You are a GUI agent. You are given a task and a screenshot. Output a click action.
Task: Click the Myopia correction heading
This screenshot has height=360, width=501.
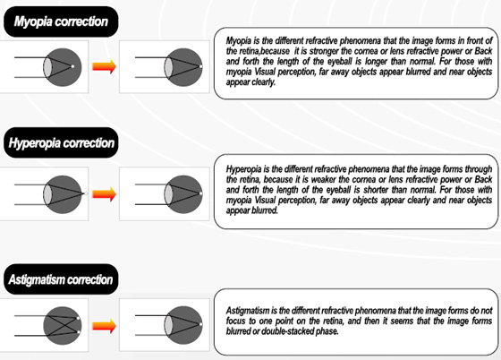pos(61,21)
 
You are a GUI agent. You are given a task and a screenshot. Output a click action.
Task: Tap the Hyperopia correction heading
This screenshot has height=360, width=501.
pos(62,143)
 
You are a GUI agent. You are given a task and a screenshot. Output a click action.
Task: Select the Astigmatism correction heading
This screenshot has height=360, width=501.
pos(61,279)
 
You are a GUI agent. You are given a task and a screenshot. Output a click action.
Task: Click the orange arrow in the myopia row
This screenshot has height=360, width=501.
pos(104,66)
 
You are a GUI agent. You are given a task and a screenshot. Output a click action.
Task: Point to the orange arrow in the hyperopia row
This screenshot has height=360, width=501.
pos(104,194)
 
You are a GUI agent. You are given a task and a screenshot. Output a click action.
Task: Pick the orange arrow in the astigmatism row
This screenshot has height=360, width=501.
pos(104,326)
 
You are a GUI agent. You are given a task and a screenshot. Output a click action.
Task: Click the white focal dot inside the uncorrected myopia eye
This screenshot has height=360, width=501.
pos(72,66)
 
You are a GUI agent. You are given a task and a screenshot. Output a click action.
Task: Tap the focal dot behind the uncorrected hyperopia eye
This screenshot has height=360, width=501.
pos(86,193)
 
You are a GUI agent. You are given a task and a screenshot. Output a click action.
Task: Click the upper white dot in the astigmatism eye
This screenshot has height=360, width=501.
pos(79,318)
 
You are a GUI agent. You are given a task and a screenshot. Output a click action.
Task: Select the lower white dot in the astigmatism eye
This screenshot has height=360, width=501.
pos(79,332)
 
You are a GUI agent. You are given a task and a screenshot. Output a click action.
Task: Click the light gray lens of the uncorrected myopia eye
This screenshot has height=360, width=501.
pos(47,67)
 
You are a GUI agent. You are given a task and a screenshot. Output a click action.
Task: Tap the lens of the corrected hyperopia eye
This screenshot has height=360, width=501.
pos(168,194)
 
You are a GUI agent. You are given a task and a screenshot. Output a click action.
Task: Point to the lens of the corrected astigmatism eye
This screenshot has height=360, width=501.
pos(168,325)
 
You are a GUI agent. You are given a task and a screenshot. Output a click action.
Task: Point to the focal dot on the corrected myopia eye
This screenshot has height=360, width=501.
pos(201,66)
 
